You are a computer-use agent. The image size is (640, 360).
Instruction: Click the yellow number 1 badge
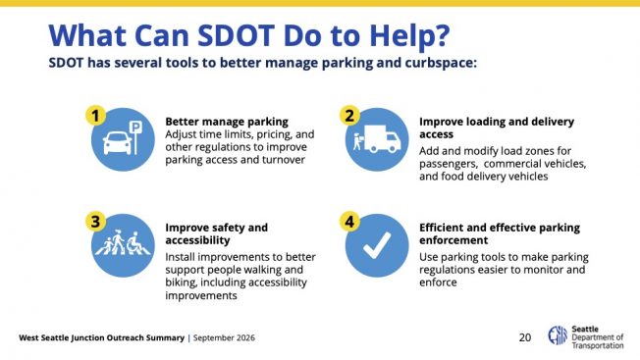click(x=95, y=116)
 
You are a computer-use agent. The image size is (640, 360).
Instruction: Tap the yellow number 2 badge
click(x=349, y=116)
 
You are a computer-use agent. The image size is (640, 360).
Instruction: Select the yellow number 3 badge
click(x=95, y=222)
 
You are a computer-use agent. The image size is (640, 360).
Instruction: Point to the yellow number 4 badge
click(x=349, y=222)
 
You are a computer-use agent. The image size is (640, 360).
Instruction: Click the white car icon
click(x=118, y=143)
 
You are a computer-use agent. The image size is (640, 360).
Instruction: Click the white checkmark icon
click(x=377, y=245)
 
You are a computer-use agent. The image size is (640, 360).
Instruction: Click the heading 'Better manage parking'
click(x=227, y=122)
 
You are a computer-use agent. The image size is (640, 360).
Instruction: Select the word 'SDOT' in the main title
click(x=236, y=35)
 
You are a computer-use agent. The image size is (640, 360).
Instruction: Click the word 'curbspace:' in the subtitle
click(x=441, y=63)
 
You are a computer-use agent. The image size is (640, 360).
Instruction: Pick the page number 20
click(x=525, y=337)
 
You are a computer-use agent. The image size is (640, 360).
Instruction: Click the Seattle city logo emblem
click(x=558, y=335)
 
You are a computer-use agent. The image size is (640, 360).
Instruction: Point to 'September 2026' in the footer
click(x=224, y=338)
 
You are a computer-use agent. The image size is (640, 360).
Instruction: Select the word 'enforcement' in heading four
click(x=453, y=240)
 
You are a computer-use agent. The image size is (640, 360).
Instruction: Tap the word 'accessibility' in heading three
click(x=197, y=240)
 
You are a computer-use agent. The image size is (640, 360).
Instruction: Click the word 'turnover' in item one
click(x=284, y=160)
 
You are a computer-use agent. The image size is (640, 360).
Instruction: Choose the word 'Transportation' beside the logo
click(x=598, y=345)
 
